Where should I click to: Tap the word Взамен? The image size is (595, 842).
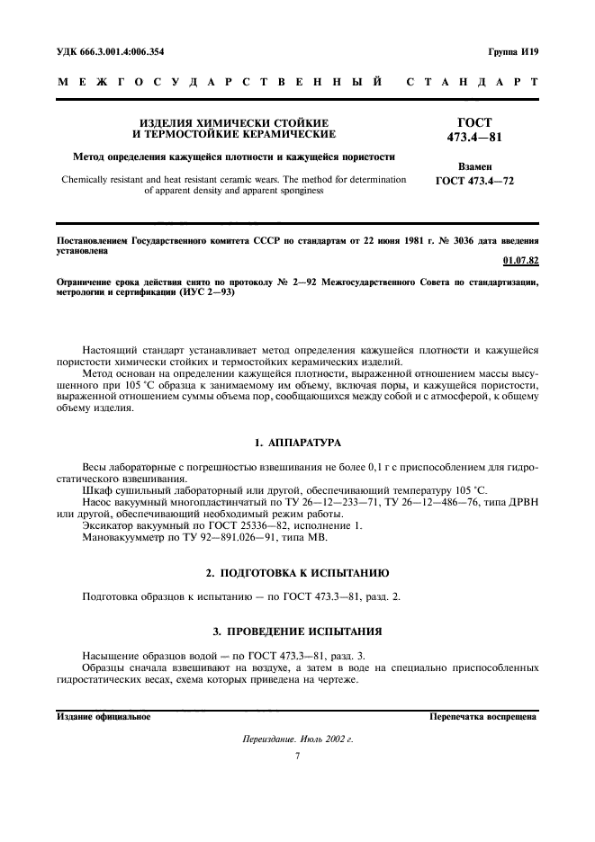click(475, 167)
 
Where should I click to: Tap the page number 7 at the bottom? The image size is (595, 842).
click(297, 756)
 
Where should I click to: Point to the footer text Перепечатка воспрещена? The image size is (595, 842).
click(483, 718)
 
